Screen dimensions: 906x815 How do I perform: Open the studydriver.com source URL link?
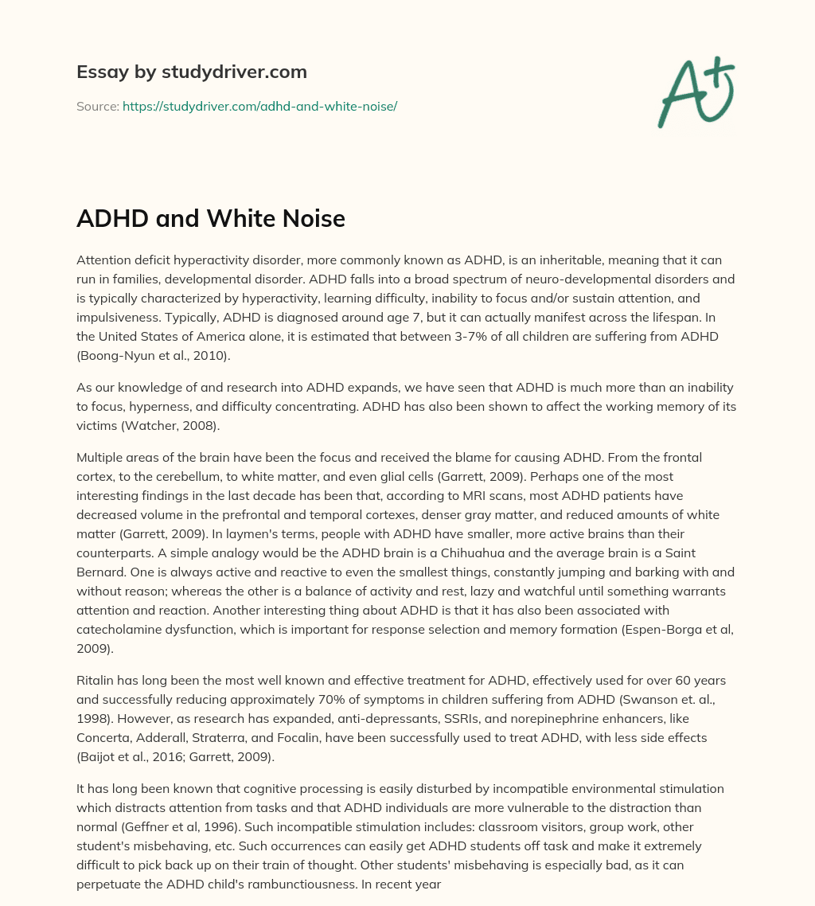click(x=259, y=106)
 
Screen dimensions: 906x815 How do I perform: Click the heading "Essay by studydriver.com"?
click(x=192, y=72)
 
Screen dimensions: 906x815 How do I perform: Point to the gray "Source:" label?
click(x=98, y=106)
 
